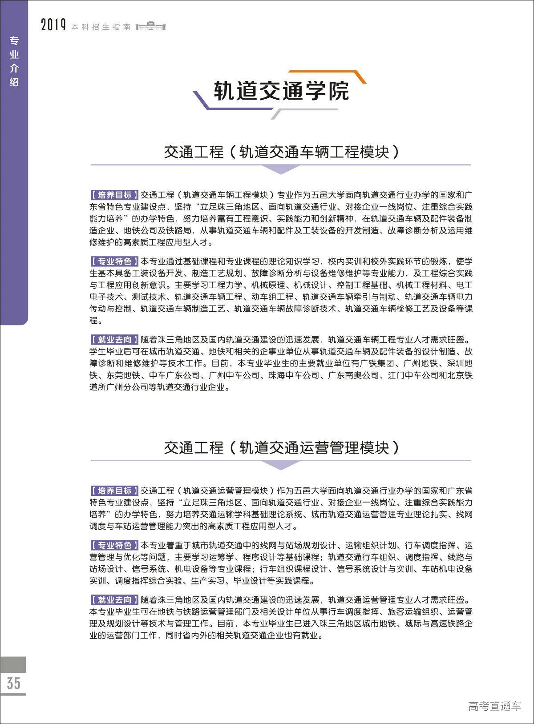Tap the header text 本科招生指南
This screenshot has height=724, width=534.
pos(101,27)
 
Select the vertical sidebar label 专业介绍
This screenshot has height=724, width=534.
pos(14,61)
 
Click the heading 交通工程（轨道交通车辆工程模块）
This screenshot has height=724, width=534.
pos(281,152)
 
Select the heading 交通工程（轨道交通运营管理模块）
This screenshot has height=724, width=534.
pos(281,447)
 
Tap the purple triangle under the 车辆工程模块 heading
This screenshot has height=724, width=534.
pos(281,169)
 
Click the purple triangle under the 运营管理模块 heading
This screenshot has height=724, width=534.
pos(281,465)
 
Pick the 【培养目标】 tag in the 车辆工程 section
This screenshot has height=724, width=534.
pos(114,195)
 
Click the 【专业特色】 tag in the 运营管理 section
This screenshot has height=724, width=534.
pos(114,545)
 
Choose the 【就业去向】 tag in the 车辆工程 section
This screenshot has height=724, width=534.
pos(114,340)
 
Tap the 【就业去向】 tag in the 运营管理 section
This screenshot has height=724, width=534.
pos(114,599)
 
